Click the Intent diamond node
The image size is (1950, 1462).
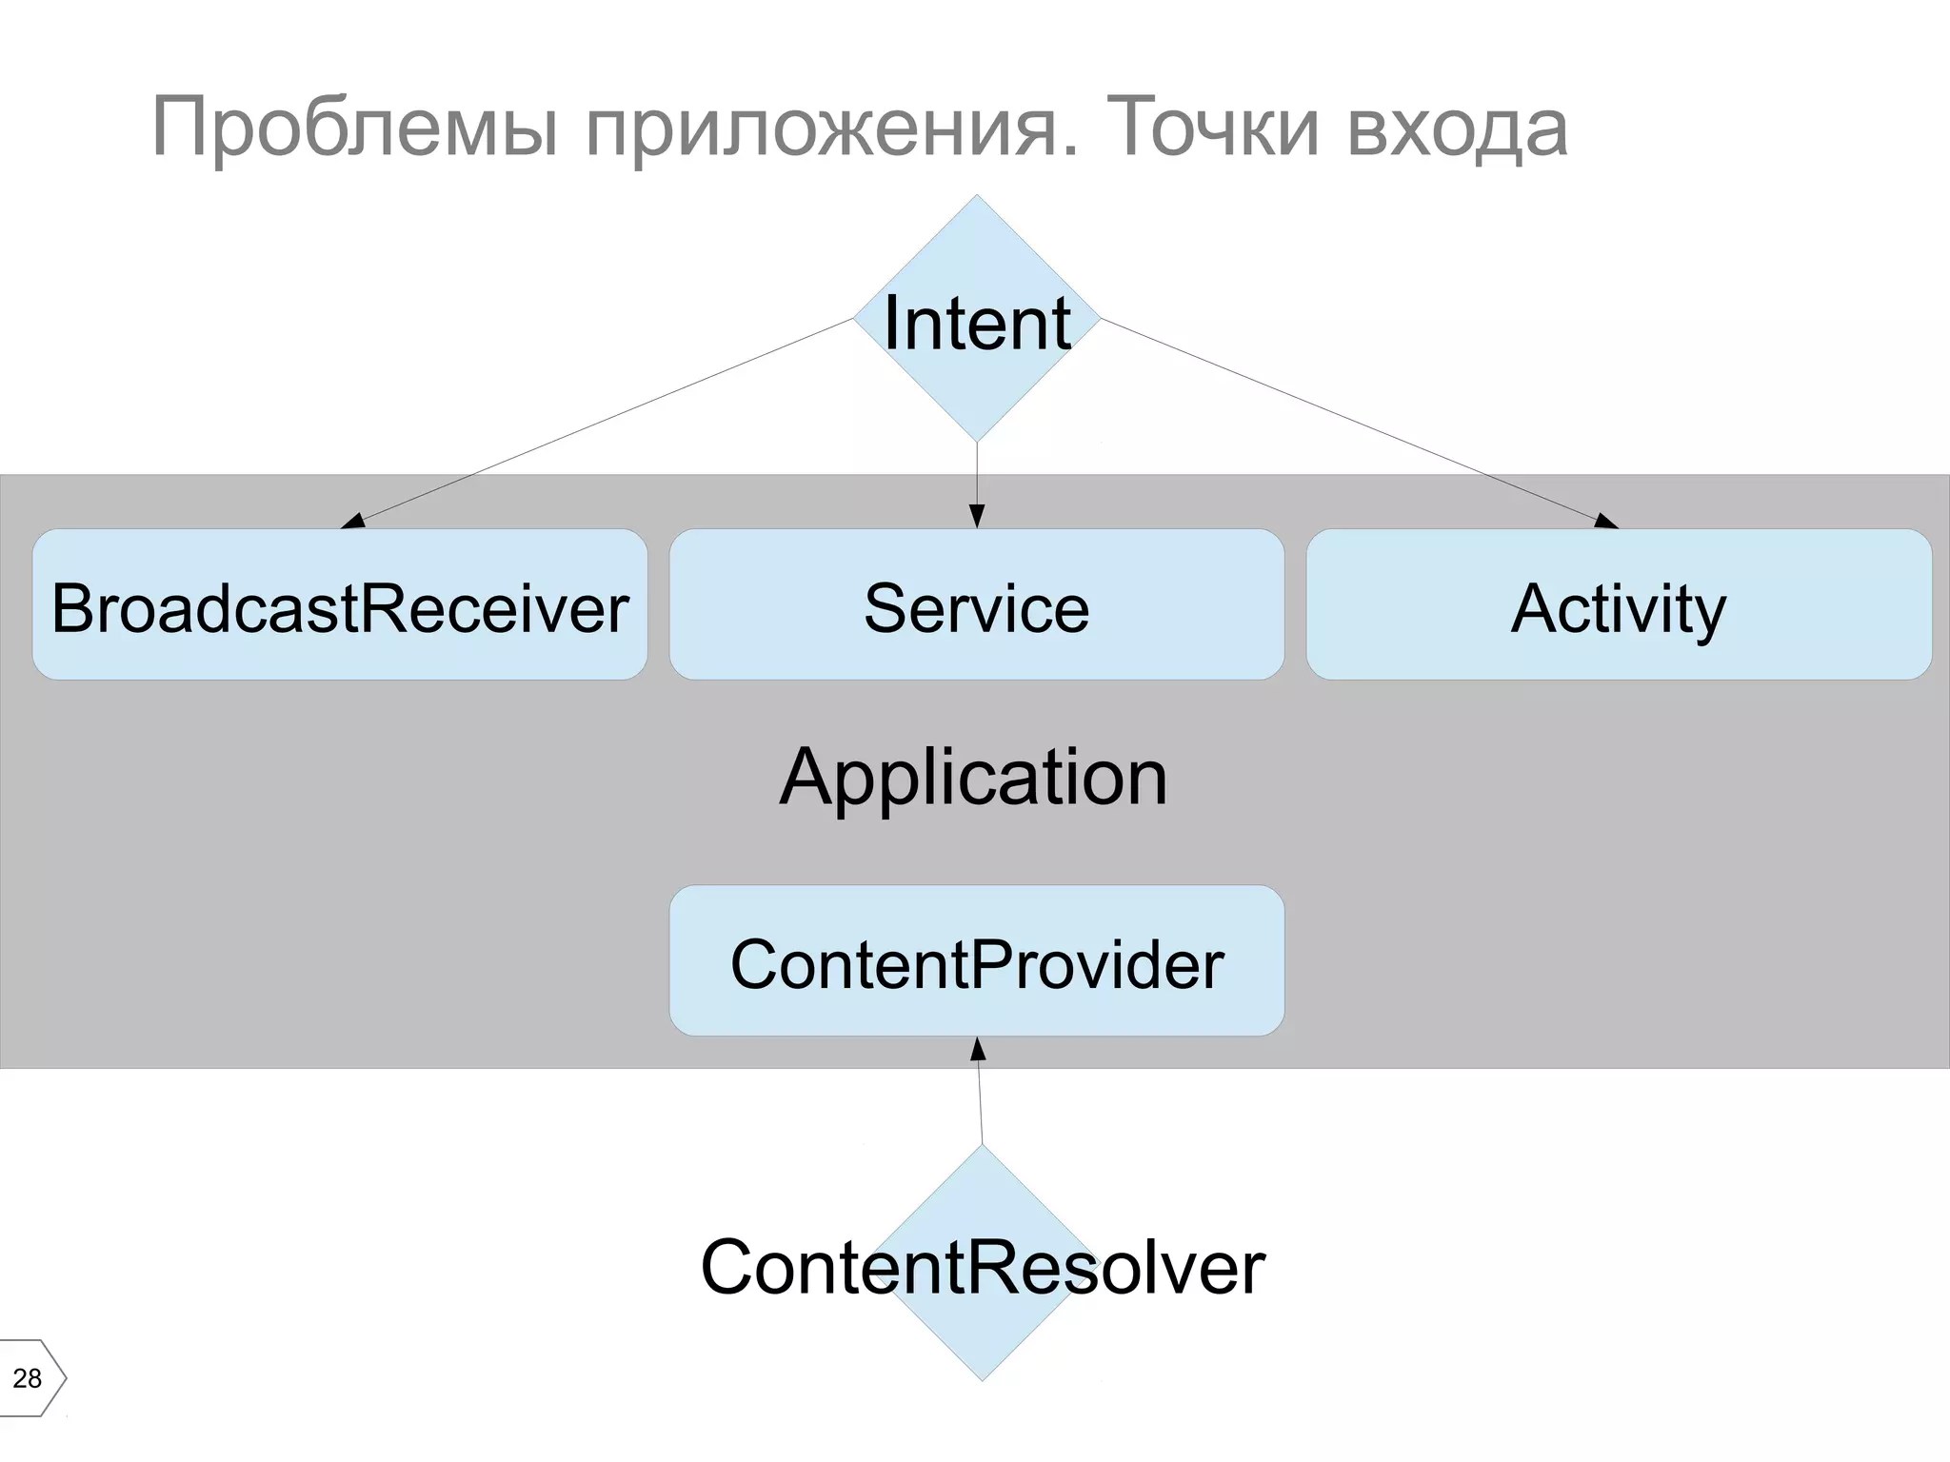pos(976,320)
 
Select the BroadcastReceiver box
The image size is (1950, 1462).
pos(340,605)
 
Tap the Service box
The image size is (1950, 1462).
pos(976,605)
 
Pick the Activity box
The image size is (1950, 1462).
pos(1618,605)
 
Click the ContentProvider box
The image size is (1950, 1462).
pos(976,961)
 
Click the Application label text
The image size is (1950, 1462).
pos(973,778)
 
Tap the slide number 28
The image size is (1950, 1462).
pos(28,1378)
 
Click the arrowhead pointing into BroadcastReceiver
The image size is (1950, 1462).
pos(353,521)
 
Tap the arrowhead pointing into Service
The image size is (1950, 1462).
pos(976,517)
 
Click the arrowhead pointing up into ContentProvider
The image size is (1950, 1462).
pos(977,1049)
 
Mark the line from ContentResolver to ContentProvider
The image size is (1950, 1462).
pos(980,1104)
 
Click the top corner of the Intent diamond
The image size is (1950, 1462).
pos(976,198)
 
